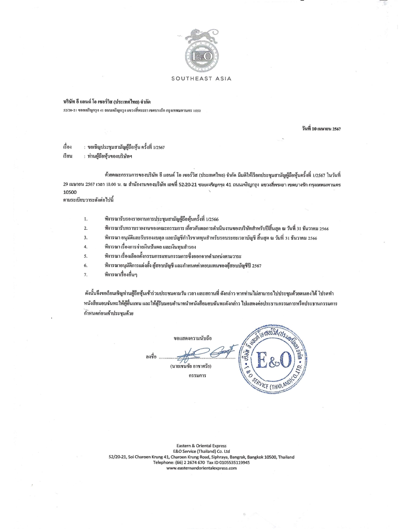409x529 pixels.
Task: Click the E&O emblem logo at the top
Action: click(201, 57)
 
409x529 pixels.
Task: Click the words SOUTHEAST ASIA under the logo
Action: click(201, 79)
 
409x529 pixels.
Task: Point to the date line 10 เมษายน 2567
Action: click(320, 129)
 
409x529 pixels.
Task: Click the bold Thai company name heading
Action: click(107, 102)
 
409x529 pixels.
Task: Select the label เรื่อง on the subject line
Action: click(67, 147)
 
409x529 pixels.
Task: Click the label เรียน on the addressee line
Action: click(68, 156)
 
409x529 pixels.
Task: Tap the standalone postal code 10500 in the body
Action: click(70, 192)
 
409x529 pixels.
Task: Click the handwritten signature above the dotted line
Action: click(205, 352)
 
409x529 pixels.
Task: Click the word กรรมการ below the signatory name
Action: click(197, 375)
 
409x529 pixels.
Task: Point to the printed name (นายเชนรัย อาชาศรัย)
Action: click(191, 366)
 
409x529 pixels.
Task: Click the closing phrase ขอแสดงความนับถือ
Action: click(192, 338)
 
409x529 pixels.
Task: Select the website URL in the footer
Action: click(201, 468)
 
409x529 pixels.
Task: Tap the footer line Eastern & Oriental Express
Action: click(201, 446)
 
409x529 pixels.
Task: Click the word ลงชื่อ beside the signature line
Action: click(151, 357)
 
